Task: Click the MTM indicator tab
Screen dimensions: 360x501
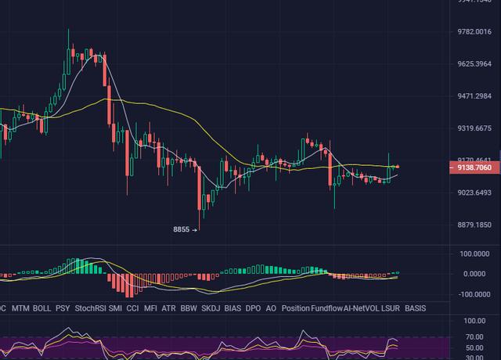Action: [x=20, y=308]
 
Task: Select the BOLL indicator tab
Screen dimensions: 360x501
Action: [x=42, y=308]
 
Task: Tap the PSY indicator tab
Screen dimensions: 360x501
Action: [x=63, y=308]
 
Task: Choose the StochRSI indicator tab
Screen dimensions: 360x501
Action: [x=90, y=308]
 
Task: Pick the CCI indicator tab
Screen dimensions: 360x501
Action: [x=133, y=308]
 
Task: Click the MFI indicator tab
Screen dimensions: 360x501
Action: [x=151, y=308]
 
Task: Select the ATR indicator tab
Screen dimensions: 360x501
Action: [x=169, y=308]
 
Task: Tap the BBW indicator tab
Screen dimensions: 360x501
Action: [x=189, y=308]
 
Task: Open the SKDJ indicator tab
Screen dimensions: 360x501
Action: [x=211, y=308]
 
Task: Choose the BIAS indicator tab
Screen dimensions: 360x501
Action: [x=232, y=308]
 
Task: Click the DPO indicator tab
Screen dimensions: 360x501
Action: [x=253, y=308]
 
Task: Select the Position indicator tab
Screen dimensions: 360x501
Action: [x=296, y=308]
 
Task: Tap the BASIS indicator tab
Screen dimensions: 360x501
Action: [x=416, y=308]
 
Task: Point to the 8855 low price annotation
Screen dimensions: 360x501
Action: [x=182, y=229]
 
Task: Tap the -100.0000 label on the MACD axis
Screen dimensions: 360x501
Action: [x=474, y=295]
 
